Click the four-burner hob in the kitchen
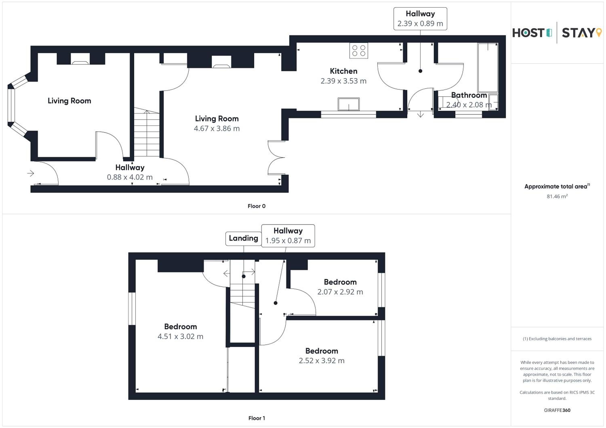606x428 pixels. [x=359, y=50]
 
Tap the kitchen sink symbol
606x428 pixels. [x=349, y=104]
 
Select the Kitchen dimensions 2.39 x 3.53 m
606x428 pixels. [x=343, y=81]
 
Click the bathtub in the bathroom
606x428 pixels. [x=488, y=68]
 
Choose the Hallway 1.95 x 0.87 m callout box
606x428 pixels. [x=288, y=236]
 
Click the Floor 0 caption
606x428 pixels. [x=257, y=206]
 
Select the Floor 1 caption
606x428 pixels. [x=257, y=418]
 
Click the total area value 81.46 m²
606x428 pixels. [x=557, y=196]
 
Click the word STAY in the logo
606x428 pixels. [x=578, y=33]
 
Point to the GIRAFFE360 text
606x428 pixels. [x=557, y=410]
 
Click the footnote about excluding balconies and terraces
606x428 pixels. [x=557, y=339]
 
